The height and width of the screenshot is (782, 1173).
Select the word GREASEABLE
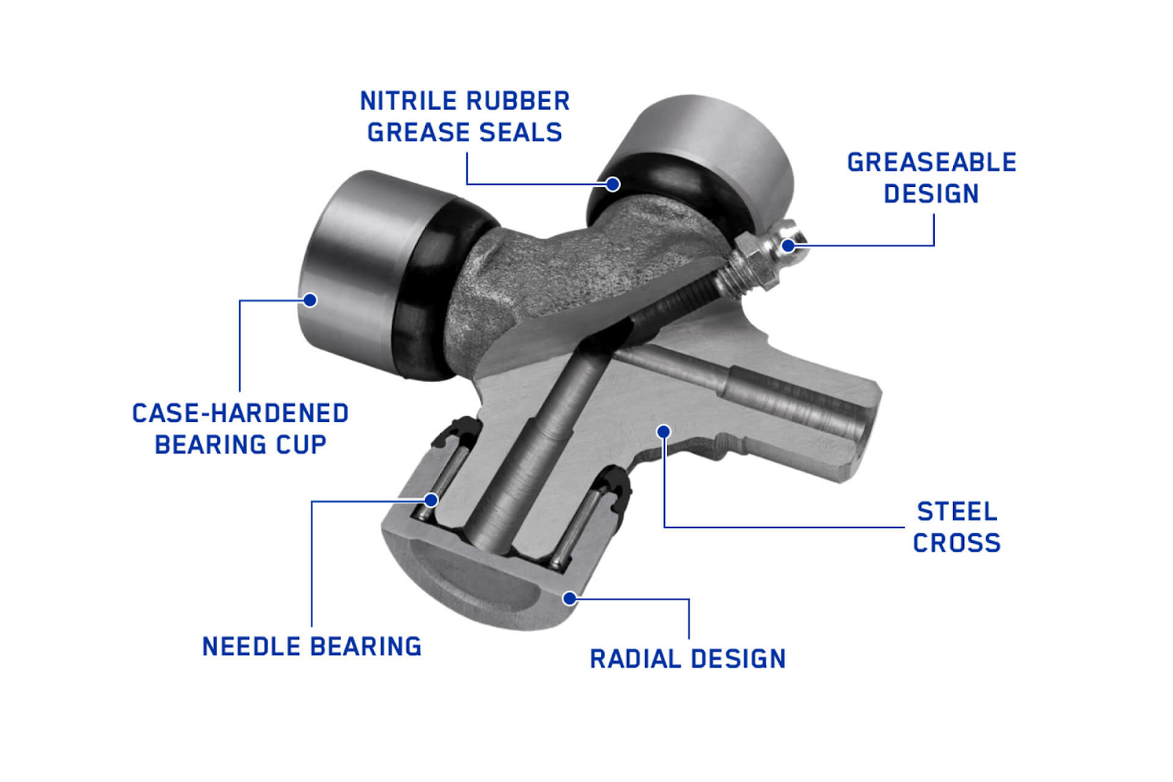[932, 162]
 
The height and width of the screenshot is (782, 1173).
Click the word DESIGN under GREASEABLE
[932, 193]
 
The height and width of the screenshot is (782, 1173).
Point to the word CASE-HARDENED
[240, 413]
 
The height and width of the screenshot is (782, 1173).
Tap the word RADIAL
[636, 658]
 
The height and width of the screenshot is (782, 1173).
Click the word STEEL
[957, 512]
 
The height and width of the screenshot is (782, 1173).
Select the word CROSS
[957, 543]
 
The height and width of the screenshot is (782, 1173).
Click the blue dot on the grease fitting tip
[789, 245]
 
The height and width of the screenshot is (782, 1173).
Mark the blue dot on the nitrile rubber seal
[613, 184]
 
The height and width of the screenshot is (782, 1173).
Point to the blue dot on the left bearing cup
[310, 300]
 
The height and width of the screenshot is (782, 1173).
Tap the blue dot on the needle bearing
[432, 501]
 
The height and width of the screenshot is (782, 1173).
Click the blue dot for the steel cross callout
[664, 431]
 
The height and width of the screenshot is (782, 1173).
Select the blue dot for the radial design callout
[570, 598]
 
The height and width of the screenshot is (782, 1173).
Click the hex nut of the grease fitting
[754, 262]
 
